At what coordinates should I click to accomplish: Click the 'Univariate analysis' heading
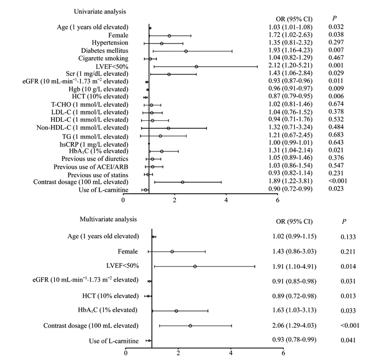point(100,12)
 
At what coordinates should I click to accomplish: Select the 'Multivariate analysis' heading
point(108,219)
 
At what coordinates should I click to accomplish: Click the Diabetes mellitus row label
point(105,50)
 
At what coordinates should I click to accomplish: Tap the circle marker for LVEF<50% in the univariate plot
point(196,66)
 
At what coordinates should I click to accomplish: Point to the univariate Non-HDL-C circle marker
point(168,128)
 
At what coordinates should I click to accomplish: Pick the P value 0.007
point(336,50)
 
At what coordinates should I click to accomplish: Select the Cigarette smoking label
point(103,58)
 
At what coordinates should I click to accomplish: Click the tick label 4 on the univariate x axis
point(226,200)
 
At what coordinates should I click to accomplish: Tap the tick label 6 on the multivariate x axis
point(284,353)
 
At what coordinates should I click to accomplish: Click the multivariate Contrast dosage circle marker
point(190,325)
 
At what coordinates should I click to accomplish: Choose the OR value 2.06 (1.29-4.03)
point(295,325)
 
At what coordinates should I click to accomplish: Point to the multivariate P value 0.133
point(348,237)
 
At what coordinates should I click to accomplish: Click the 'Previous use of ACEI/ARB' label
point(91,167)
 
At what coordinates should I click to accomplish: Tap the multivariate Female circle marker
point(172,251)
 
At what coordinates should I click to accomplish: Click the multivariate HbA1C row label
point(108,310)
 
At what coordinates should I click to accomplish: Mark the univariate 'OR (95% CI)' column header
point(294,19)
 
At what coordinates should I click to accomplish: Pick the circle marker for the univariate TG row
point(160,136)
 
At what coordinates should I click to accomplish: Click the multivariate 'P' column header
point(344,222)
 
